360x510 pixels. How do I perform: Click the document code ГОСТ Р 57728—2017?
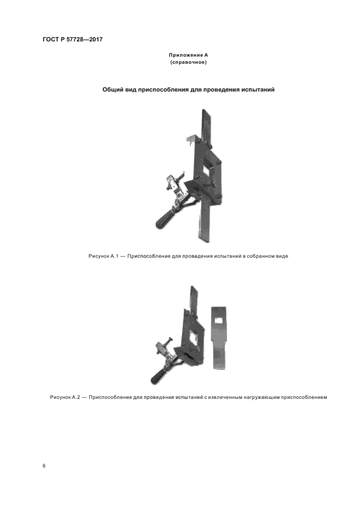(x=72, y=40)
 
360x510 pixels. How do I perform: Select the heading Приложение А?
(x=188, y=55)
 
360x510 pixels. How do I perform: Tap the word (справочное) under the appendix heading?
(x=188, y=62)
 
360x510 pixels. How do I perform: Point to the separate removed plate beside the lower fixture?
(x=219, y=338)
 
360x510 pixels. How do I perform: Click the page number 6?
(x=44, y=466)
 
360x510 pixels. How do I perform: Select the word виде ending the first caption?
(x=282, y=256)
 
